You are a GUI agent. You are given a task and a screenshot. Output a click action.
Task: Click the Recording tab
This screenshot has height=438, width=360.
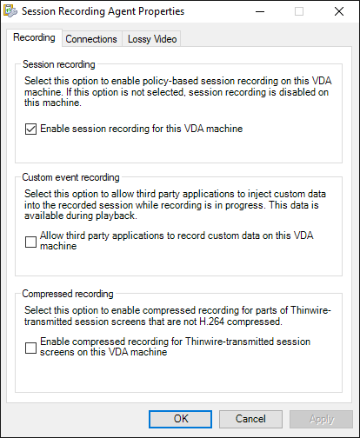pyautogui.click(x=36, y=38)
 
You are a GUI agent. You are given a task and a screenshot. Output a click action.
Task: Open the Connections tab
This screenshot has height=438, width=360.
pyautogui.click(x=91, y=39)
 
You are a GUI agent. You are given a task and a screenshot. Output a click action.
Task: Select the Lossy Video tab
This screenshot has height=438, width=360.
pyautogui.click(x=152, y=39)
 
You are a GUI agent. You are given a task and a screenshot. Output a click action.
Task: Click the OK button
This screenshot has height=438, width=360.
pyautogui.click(x=181, y=418)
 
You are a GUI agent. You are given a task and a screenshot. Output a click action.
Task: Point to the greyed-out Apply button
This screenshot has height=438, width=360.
pyautogui.click(x=321, y=418)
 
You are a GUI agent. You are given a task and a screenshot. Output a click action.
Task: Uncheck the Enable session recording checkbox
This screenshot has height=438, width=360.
pyautogui.click(x=31, y=129)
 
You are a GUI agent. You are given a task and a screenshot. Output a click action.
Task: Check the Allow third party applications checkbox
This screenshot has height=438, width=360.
pyautogui.click(x=31, y=242)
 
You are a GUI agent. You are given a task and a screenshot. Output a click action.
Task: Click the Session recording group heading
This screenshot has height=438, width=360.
pyautogui.click(x=58, y=64)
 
